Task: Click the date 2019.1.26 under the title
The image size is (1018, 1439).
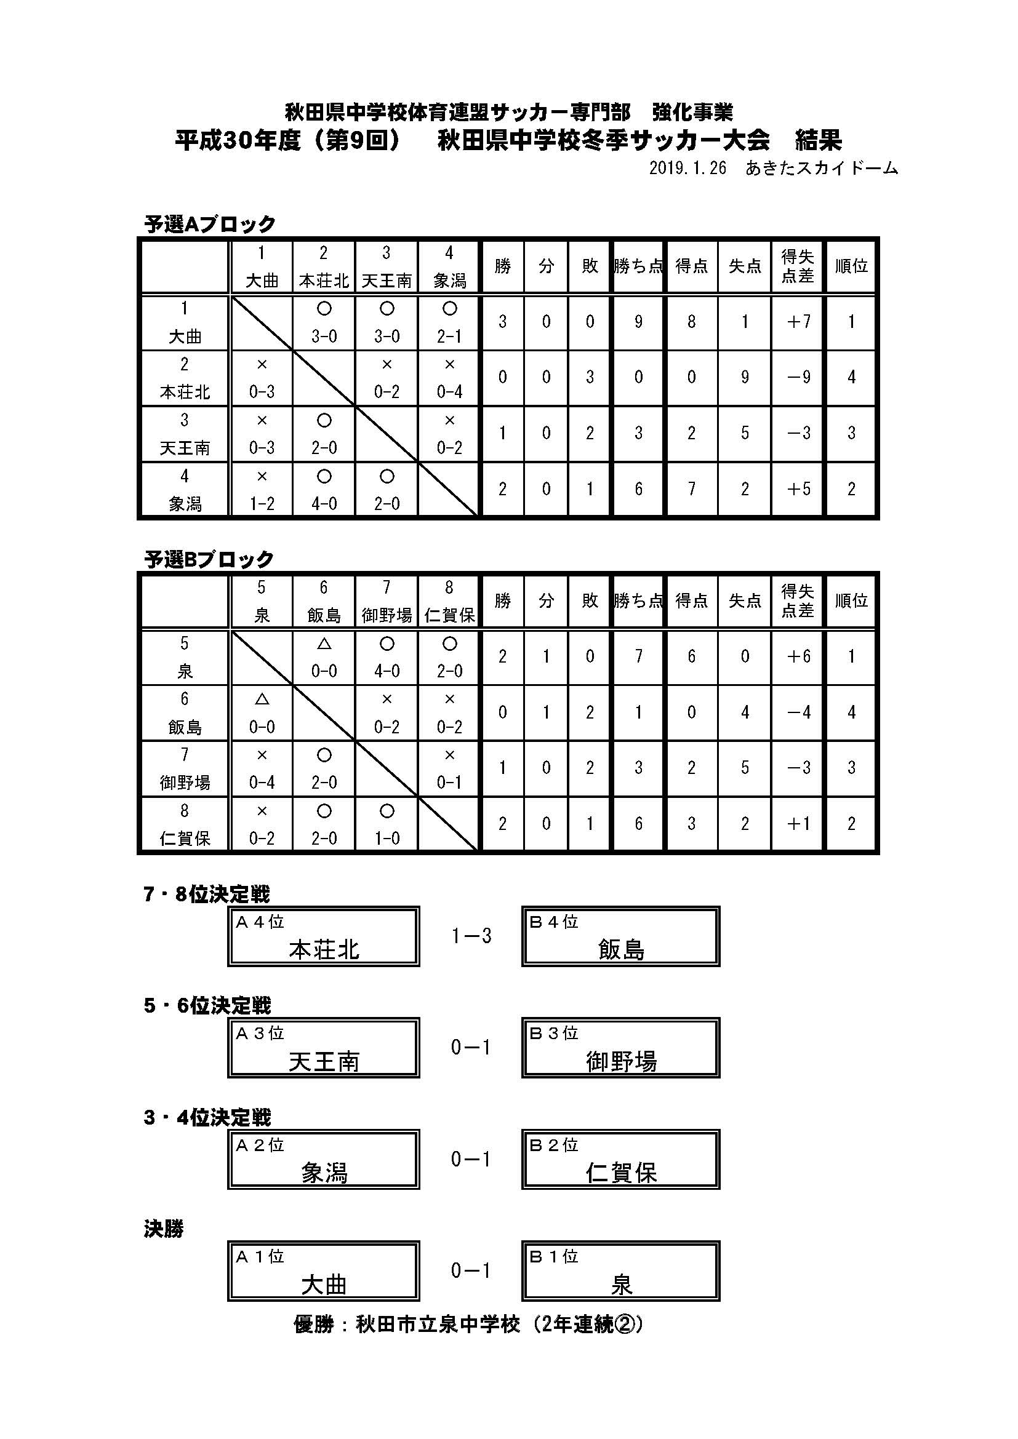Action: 687,169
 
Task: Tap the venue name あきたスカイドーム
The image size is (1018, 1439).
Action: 822,169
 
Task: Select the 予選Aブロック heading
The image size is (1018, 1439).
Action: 210,224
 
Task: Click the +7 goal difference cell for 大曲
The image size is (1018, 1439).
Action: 799,322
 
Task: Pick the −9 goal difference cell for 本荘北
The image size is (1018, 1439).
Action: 799,377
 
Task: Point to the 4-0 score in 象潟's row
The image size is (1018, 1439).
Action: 324,503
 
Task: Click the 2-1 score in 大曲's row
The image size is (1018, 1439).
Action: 449,337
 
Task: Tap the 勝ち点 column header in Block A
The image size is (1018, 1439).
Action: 638,266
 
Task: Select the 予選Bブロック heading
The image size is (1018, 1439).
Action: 209,559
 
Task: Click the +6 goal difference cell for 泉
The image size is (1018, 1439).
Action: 799,656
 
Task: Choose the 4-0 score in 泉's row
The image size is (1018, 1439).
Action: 387,671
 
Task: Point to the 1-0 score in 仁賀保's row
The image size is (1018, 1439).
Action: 387,839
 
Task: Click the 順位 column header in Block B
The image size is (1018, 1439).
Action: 851,601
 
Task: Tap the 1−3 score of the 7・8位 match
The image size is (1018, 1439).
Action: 471,936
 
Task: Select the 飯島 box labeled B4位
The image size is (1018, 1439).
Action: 620,936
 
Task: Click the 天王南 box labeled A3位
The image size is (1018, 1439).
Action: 324,1048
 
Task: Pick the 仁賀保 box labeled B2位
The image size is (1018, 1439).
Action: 620,1160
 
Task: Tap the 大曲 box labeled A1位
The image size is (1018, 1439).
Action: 324,1271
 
